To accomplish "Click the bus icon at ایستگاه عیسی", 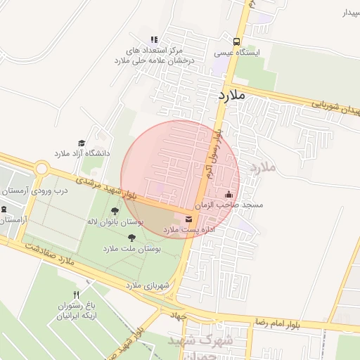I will [236, 41].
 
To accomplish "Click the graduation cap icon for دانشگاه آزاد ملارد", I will [81, 143].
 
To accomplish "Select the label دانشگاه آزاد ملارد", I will [80, 153].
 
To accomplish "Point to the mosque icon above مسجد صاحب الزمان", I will [228, 195].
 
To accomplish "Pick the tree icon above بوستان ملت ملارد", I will [132, 238].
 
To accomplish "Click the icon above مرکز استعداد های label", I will [154, 39].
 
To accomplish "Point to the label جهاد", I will [176, 316].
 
